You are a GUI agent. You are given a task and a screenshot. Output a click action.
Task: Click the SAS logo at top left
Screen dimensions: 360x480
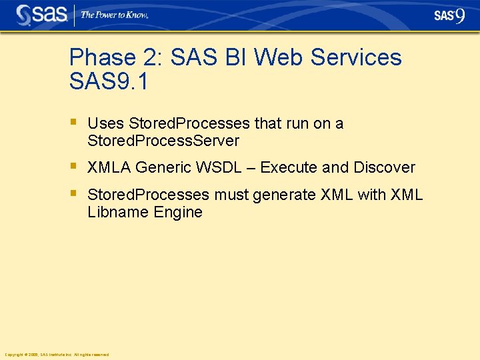[x=41, y=15]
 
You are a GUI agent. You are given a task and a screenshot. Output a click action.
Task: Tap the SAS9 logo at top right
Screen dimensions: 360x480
[x=449, y=15]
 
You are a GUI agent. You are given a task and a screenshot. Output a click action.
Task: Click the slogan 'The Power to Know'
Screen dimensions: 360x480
[x=114, y=15]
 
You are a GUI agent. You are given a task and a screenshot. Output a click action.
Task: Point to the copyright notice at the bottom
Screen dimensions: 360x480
[x=57, y=354]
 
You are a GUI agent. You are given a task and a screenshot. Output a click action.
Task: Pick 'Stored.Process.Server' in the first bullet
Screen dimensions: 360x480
[x=163, y=141]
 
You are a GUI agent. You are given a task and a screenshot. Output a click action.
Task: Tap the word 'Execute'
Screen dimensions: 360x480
[x=289, y=167]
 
